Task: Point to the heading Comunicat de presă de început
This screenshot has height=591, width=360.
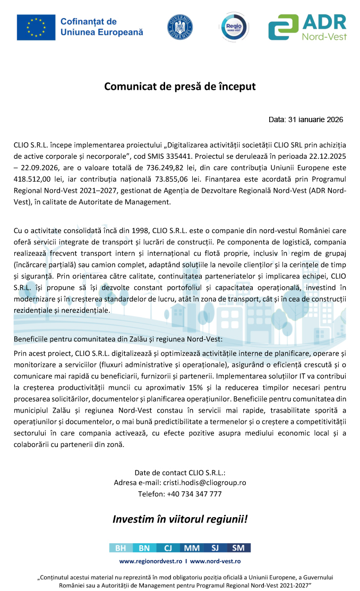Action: (179, 86)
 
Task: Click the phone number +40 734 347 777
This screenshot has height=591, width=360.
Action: (194, 494)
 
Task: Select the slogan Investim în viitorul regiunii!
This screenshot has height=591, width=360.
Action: (180, 519)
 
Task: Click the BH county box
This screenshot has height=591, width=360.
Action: (120, 548)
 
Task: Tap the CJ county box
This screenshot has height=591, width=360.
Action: (167, 548)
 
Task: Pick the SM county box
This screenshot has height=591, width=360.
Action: (238, 548)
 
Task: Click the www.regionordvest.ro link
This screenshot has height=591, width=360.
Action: (151, 561)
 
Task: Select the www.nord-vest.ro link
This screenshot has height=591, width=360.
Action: (216, 561)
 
